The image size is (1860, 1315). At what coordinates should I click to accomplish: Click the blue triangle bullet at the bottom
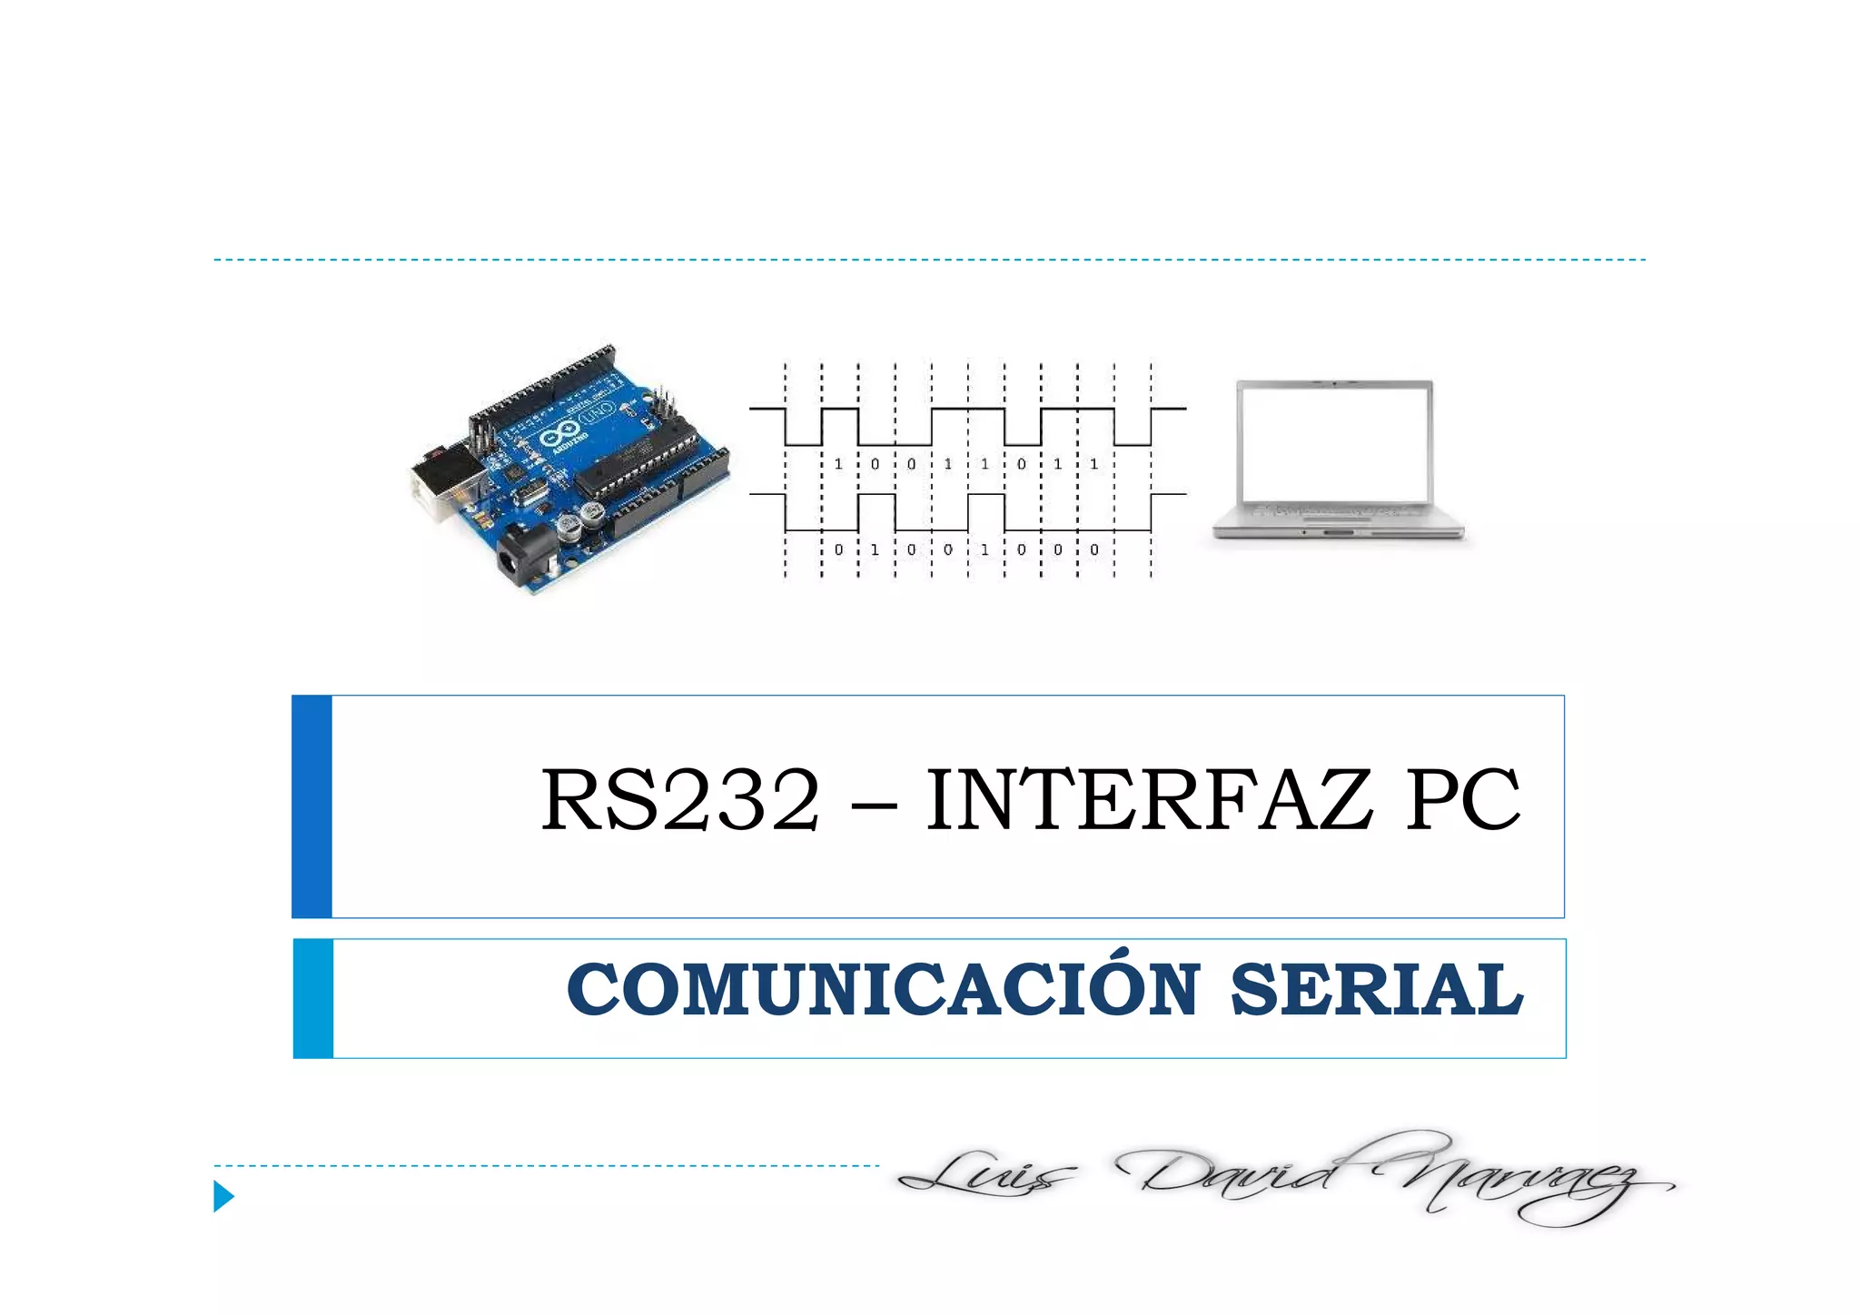[x=223, y=1196]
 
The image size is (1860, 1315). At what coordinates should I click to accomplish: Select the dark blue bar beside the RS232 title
[x=312, y=806]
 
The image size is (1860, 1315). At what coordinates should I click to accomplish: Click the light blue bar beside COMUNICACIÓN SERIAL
[x=313, y=998]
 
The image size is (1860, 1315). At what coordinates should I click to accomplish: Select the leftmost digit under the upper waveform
[x=838, y=464]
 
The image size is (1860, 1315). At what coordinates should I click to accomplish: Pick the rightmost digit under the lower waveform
[x=1094, y=549]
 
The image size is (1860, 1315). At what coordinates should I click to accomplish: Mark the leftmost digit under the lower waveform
[x=838, y=549]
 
